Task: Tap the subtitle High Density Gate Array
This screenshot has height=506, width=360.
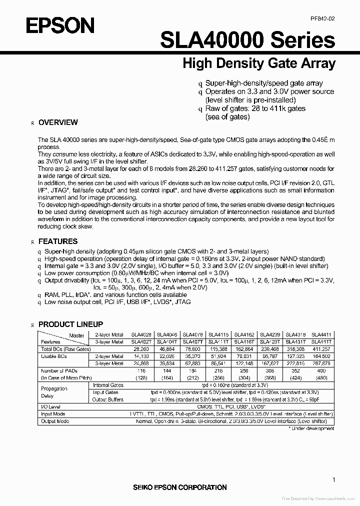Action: click(x=258, y=64)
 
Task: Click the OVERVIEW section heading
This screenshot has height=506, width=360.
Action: click(x=58, y=122)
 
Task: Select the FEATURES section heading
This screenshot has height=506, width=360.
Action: click(x=58, y=241)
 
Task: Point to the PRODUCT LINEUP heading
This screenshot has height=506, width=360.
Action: click(x=70, y=324)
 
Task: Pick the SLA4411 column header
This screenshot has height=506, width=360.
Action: click(x=320, y=334)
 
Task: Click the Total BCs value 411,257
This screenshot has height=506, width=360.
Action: click(x=320, y=348)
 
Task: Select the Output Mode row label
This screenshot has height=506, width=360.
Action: click(x=54, y=421)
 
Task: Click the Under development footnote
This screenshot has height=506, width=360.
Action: click(x=312, y=428)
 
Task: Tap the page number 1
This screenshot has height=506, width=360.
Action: click(x=333, y=479)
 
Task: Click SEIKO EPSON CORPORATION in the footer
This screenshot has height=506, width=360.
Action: click(x=179, y=487)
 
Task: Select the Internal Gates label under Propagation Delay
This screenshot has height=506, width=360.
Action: click(x=108, y=385)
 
